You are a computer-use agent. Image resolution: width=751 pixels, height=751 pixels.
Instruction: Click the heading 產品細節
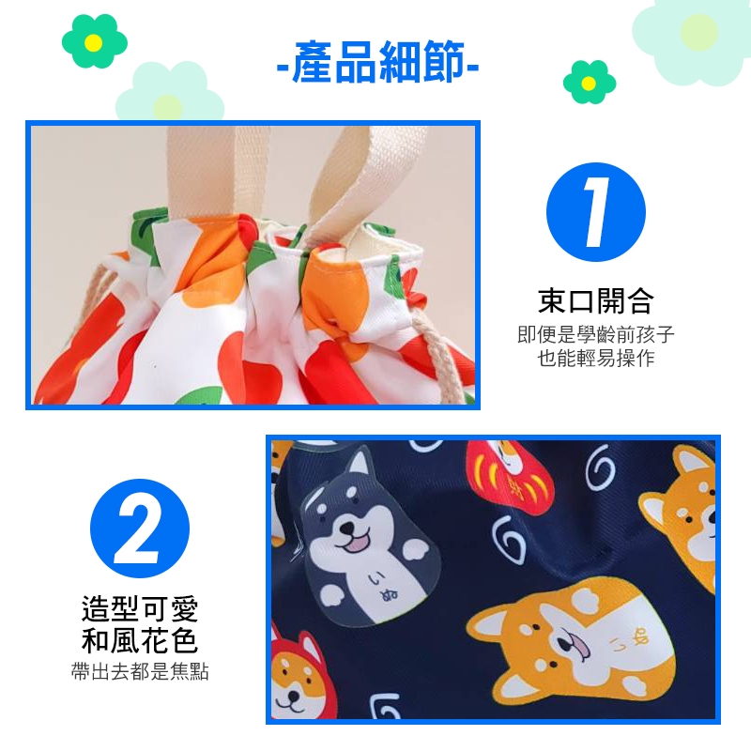point(378,62)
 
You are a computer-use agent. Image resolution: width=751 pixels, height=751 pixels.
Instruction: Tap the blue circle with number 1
point(596,212)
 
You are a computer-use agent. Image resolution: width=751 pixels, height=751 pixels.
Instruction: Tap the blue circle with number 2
point(139,529)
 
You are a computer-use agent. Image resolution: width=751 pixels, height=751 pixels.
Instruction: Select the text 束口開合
point(596,301)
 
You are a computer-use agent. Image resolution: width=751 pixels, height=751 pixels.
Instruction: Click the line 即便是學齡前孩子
point(596,334)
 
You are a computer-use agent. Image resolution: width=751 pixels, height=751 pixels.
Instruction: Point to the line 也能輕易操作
point(596,359)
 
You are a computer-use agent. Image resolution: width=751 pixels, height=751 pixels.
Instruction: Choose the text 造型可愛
point(139,608)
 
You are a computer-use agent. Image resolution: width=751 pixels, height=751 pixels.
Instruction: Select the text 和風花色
point(139,641)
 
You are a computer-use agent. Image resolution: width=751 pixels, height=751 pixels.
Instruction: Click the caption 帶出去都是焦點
point(139,671)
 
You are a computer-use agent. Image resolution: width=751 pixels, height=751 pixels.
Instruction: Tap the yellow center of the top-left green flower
point(94,43)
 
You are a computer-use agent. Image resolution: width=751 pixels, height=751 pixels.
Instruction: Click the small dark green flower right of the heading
point(590,83)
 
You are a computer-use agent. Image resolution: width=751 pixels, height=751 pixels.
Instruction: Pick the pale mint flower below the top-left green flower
point(169,94)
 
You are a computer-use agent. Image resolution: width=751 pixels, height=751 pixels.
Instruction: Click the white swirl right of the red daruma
point(600,467)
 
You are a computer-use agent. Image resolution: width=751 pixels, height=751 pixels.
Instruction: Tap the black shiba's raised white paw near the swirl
point(416,551)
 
